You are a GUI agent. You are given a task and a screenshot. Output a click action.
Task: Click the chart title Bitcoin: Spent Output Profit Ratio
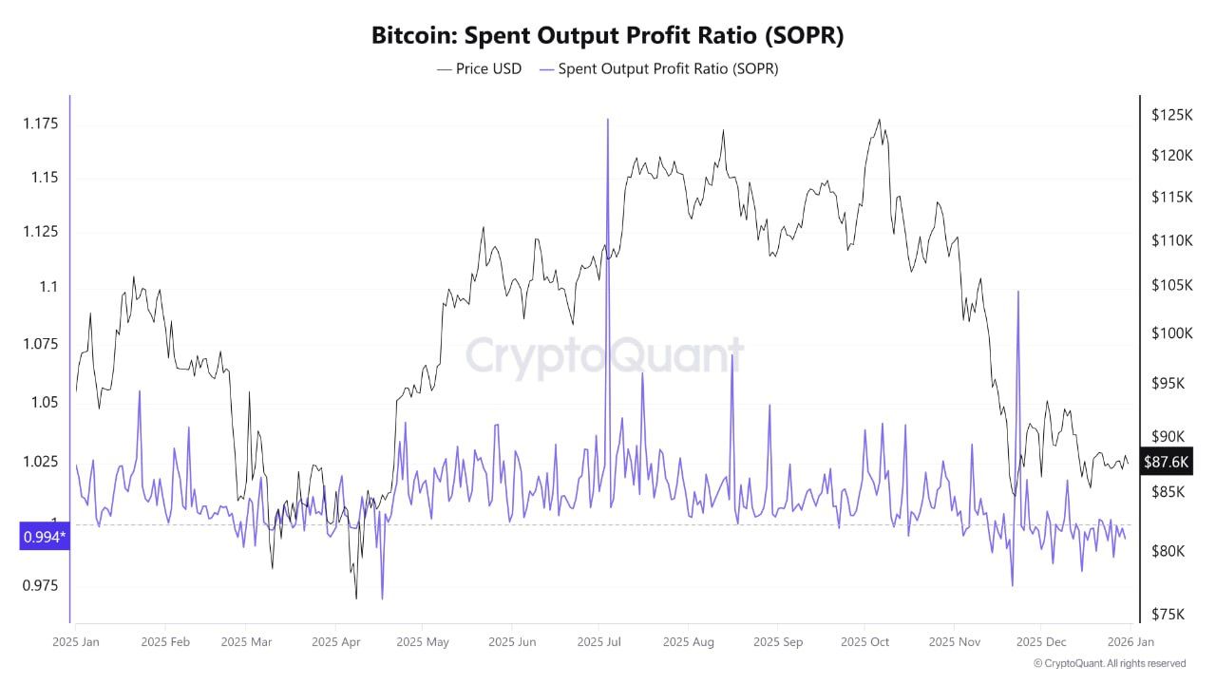click(x=607, y=36)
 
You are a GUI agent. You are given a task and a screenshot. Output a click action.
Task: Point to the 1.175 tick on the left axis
click(x=40, y=123)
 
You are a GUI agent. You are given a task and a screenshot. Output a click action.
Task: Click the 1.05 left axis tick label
click(x=40, y=402)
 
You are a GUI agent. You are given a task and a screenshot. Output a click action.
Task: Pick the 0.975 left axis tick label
click(x=40, y=585)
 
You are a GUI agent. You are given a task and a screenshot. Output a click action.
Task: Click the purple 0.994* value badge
click(x=45, y=538)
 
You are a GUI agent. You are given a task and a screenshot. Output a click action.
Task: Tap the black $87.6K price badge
click(x=1166, y=463)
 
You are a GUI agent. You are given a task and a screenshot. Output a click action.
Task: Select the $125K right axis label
click(x=1170, y=115)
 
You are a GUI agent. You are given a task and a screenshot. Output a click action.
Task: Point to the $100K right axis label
click(x=1170, y=332)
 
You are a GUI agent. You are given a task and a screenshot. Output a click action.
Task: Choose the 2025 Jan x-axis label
click(x=76, y=642)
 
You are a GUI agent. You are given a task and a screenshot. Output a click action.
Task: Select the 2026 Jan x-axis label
click(x=1130, y=642)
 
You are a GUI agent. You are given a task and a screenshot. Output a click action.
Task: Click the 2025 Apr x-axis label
click(x=336, y=642)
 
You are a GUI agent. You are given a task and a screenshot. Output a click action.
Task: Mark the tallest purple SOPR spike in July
click(x=607, y=120)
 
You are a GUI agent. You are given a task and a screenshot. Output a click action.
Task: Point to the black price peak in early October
click(x=879, y=121)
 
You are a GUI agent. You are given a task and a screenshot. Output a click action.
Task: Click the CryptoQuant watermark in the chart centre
click(x=604, y=357)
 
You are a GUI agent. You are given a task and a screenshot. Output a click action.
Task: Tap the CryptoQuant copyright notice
click(x=1109, y=663)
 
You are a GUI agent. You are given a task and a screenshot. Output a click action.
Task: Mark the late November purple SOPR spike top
click(x=1017, y=292)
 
